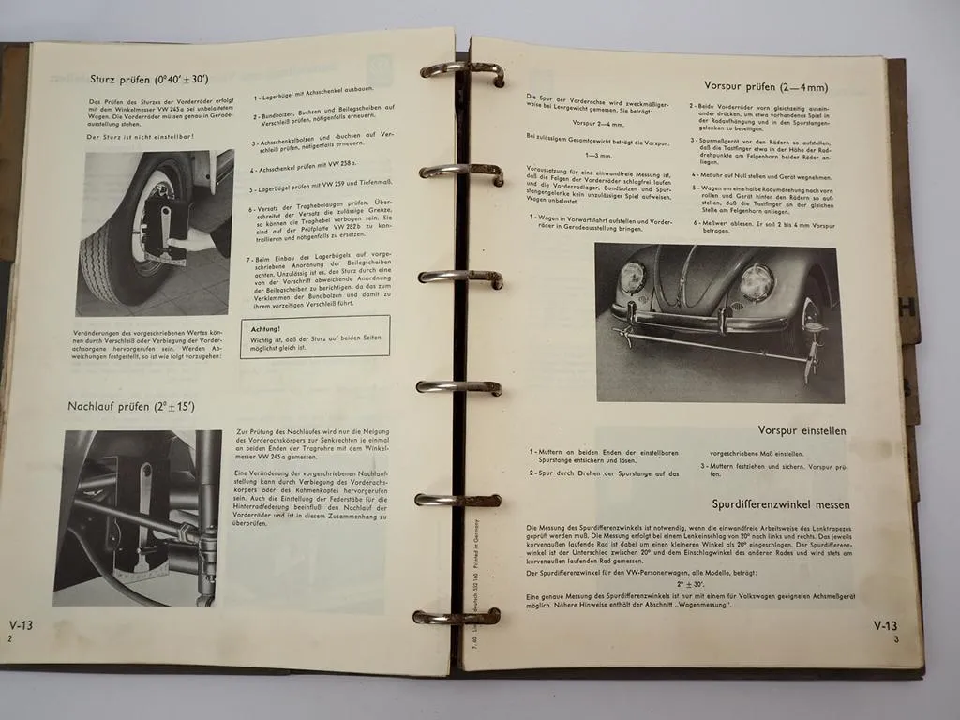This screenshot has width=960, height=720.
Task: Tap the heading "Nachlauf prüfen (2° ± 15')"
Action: click(130, 406)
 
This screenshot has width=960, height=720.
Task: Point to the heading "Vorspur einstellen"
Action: click(802, 430)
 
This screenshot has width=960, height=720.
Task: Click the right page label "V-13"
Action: click(884, 626)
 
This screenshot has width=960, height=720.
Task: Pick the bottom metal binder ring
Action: click(457, 617)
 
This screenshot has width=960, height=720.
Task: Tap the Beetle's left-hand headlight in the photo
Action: click(633, 277)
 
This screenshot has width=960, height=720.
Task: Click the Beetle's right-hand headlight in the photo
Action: click(756, 281)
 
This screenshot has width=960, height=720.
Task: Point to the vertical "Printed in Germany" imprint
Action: click(475, 539)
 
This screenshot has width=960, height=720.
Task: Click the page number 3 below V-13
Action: click(896, 639)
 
